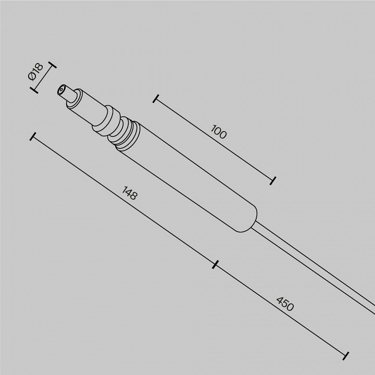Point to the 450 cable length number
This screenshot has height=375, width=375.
[x=285, y=304]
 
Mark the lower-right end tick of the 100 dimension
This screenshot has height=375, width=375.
[x=273, y=180]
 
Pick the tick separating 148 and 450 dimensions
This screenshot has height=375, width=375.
[x=215, y=264]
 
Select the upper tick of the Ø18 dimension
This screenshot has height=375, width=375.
[x=51, y=67]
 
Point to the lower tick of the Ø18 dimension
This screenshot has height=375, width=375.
[x=35, y=90]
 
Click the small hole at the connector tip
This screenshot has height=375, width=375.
[x=63, y=89]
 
